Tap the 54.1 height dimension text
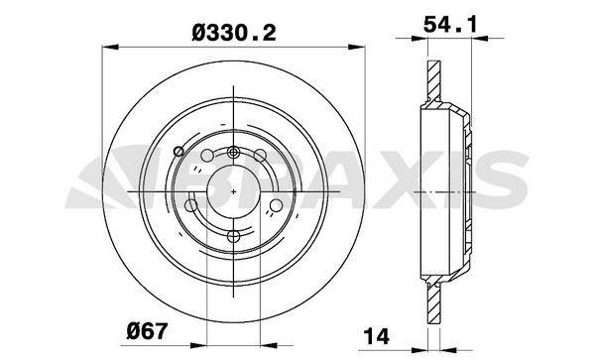click(444, 21)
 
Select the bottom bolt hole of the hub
click(233, 235)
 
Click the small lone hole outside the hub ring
click(178, 151)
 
